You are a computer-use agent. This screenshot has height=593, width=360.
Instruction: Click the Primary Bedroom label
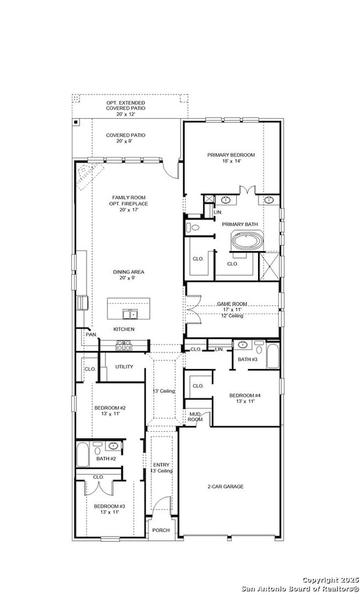point(231,158)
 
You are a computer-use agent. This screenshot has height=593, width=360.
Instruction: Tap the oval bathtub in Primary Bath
point(247,242)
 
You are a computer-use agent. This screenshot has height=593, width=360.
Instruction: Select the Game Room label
point(232,309)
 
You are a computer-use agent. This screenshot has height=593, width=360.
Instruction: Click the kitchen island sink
point(130,314)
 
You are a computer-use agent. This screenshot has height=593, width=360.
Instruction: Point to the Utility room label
point(124,366)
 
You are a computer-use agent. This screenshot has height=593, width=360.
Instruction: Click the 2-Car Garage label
point(225,487)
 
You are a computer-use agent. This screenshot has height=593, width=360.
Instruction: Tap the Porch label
point(161,530)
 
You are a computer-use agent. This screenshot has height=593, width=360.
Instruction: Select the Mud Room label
point(196,417)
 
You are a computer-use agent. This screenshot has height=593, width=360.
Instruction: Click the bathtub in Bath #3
point(272,355)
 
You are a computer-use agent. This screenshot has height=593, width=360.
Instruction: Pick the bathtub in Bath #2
point(83,455)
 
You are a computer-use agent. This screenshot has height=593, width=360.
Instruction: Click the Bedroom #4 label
point(245,398)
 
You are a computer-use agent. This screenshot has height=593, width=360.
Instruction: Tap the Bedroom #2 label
point(110,411)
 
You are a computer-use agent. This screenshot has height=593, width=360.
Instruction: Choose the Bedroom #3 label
point(110,509)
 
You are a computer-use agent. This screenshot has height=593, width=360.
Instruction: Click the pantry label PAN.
point(91,335)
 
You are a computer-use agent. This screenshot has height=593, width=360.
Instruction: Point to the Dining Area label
point(128,274)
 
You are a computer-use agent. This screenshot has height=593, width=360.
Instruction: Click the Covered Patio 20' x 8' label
point(125,138)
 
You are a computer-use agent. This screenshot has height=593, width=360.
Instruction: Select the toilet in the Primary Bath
point(193,227)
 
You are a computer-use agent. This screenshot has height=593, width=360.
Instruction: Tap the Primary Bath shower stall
point(269,266)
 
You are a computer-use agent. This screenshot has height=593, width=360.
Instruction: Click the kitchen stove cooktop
point(124,345)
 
